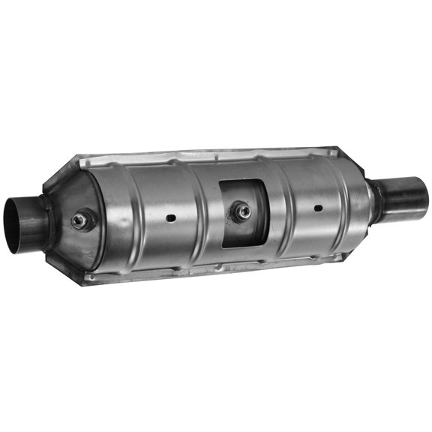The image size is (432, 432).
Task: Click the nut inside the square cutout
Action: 241,211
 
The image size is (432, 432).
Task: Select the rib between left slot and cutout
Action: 202,214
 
